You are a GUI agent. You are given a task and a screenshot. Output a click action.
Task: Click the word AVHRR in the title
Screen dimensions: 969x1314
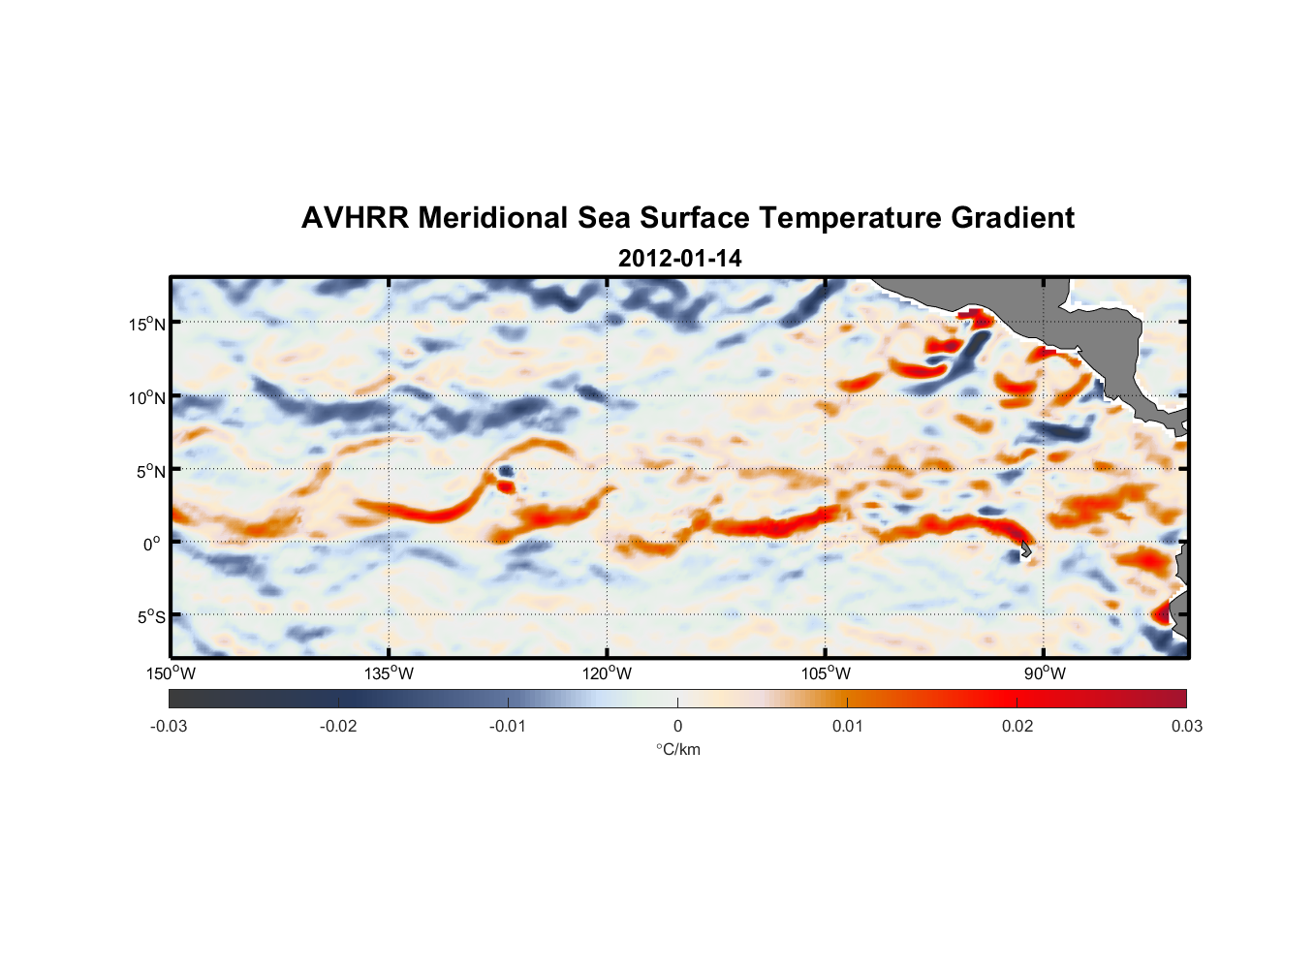355,218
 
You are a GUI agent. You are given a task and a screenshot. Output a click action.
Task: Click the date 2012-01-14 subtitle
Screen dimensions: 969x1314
679,259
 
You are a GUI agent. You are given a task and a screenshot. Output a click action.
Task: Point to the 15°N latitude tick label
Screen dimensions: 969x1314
147,324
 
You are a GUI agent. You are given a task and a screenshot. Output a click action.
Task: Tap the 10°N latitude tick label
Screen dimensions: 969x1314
147,397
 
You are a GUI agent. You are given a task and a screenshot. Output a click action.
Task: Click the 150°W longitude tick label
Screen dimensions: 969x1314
171,673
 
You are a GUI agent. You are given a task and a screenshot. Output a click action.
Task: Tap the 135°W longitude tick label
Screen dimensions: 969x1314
390,673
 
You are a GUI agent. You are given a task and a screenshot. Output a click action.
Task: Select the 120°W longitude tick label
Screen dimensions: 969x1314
608,673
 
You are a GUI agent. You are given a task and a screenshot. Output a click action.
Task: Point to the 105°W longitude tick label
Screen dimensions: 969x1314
826,673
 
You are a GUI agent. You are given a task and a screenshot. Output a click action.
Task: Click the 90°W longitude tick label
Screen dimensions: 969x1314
1045,673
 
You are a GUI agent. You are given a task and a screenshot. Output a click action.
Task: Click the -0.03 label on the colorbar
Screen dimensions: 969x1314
169,726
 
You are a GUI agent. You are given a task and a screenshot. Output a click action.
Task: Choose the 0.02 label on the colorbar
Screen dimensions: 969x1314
1017,726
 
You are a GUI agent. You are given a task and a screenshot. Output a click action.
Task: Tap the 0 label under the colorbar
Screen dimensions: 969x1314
677,726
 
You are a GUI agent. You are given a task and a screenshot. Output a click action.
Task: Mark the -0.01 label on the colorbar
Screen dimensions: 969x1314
508,726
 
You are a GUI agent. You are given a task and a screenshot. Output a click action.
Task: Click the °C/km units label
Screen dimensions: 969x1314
677,749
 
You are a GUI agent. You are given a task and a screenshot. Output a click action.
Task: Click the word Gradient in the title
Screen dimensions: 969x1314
1013,218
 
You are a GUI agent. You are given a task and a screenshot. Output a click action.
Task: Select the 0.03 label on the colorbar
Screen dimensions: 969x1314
1187,726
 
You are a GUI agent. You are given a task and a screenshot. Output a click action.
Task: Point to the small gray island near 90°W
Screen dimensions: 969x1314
1026,548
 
